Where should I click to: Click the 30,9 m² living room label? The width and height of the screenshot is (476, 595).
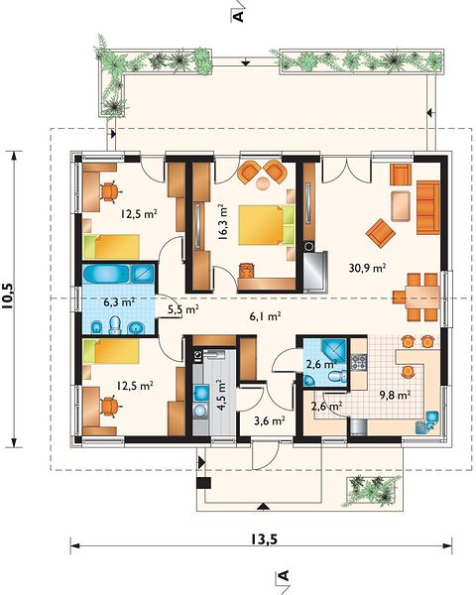tap(367, 268)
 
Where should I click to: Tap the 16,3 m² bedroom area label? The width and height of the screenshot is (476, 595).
tap(223, 222)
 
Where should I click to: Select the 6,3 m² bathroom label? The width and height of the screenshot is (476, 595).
tap(120, 302)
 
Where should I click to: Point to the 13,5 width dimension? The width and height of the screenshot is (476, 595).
tap(263, 538)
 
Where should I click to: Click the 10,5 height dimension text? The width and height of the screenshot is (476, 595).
tap(8, 295)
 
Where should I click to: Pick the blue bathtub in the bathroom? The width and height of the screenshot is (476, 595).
tap(107, 273)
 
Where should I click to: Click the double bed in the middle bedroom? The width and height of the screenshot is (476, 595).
tap(267, 224)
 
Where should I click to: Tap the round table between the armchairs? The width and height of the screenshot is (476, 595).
tap(263, 183)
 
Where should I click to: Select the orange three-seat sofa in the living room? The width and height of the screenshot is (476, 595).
tap(427, 207)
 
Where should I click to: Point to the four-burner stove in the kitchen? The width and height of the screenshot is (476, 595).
tap(359, 362)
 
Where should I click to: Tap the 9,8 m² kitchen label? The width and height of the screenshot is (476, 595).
tap(395, 395)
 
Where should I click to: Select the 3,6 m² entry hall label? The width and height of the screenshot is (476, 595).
tap(269, 420)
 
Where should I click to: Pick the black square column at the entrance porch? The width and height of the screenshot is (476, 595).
tap(203, 482)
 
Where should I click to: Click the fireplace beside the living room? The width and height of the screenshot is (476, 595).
tap(314, 271)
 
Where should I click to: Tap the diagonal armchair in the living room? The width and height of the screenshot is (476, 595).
tap(381, 233)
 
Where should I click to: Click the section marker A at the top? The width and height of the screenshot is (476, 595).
tap(238, 16)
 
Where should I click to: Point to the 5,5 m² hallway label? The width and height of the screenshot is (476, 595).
tap(183, 309)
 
